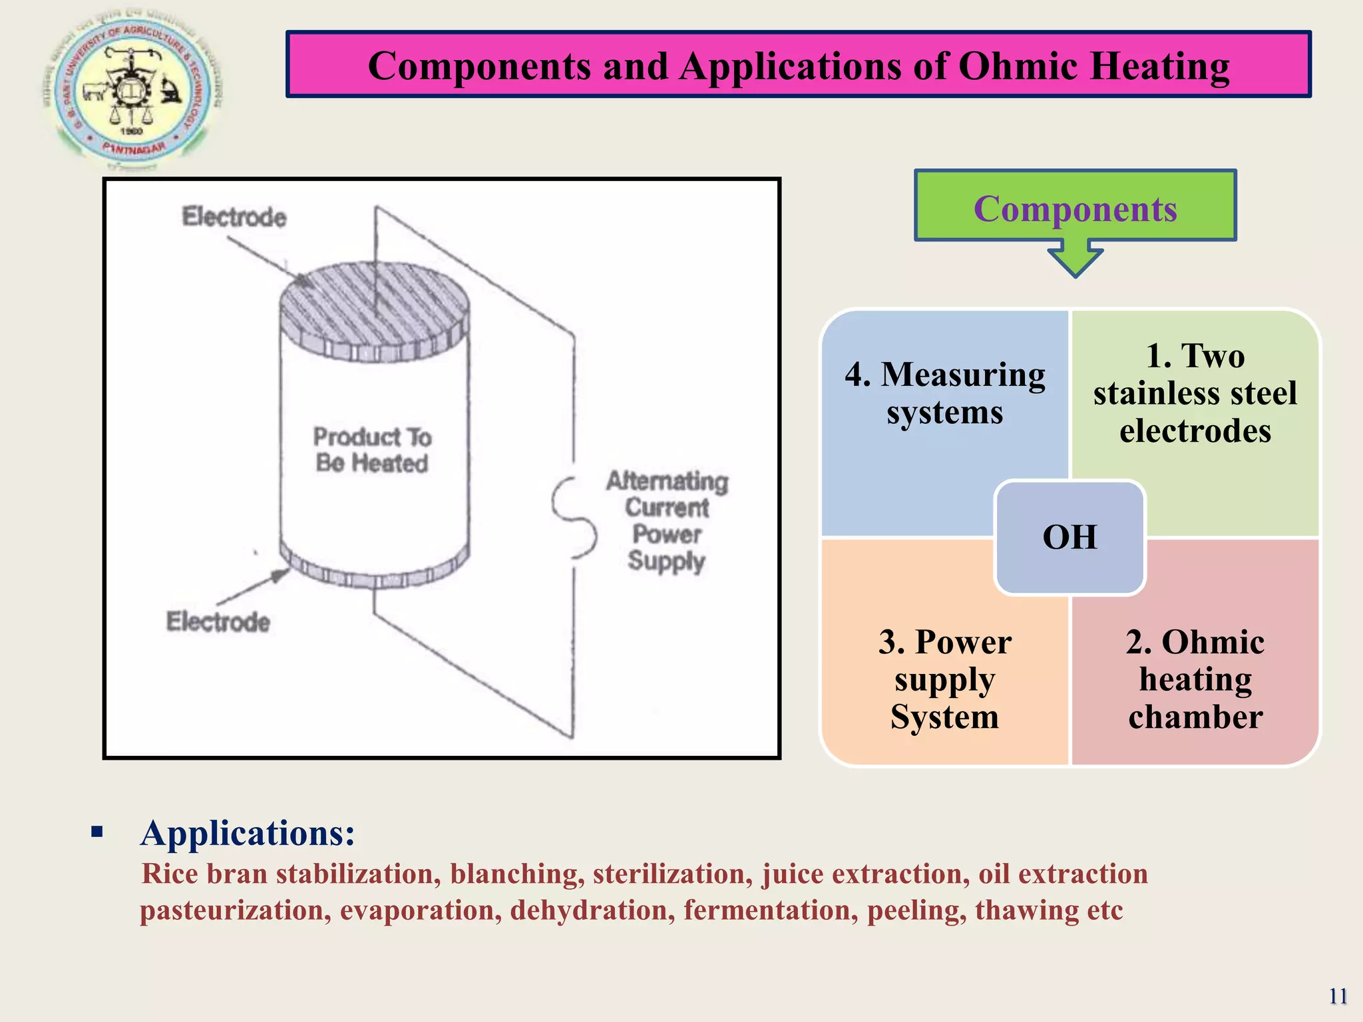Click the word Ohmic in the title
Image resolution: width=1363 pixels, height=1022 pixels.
(1018, 67)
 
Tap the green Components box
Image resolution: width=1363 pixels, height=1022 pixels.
(1075, 206)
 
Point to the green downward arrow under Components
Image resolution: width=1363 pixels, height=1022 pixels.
(1075, 261)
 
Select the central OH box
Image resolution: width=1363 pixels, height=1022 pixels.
(1070, 537)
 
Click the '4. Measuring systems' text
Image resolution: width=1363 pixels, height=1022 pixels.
(944, 393)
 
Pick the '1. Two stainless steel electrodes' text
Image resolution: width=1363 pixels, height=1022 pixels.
(1195, 393)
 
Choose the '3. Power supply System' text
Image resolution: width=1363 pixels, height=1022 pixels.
(944, 679)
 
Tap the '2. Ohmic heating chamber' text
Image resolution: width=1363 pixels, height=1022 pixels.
(1195, 679)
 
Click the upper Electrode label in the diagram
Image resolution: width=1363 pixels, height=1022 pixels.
(234, 217)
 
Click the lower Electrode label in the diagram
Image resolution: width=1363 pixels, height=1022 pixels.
(218, 621)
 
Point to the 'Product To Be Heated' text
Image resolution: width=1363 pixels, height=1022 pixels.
(372, 450)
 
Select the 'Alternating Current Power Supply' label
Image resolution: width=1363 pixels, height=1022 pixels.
(667, 520)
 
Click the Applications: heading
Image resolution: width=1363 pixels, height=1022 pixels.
(248, 833)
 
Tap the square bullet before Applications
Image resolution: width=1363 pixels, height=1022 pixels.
(98, 831)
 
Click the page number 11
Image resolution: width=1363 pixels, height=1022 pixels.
(1338, 996)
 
